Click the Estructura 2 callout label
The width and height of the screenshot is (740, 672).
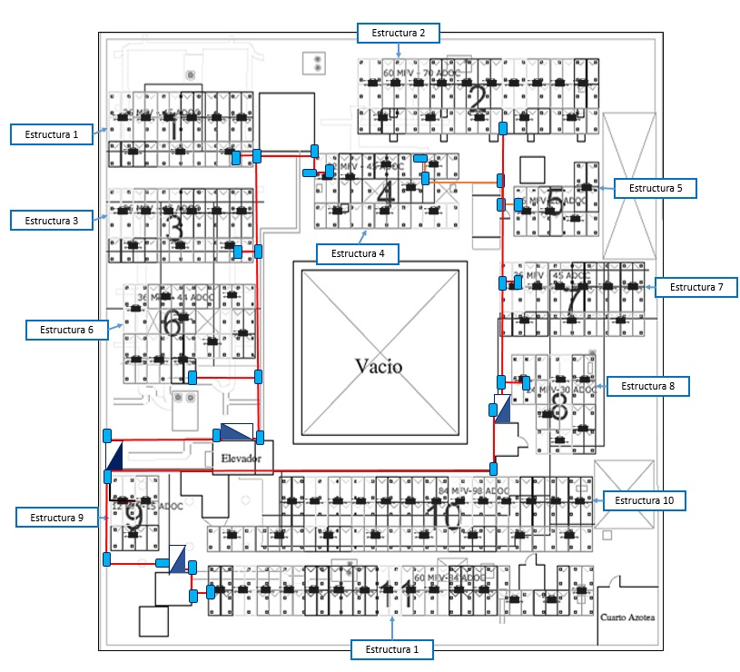click(398, 33)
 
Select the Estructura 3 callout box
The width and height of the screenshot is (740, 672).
click(52, 220)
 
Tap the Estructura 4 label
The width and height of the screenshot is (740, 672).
click(358, 253)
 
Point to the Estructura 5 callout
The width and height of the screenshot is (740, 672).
click(655, 188)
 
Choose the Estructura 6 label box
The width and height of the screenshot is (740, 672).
click(66, 329)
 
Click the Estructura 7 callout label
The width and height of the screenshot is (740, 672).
click(696, 287)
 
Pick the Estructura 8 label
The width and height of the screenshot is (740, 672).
click(648, 386)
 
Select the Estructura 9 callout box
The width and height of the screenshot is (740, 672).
click(56, 518)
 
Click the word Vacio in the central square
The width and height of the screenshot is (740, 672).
click(378, 366)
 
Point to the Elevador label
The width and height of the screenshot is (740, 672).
click(242, 460)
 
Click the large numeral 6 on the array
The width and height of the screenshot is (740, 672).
click(173, 322)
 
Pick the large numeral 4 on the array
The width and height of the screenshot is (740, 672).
click(385, 193)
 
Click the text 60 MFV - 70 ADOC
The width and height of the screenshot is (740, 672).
click(421, 73)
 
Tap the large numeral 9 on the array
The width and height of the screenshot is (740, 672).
click(133, 516)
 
